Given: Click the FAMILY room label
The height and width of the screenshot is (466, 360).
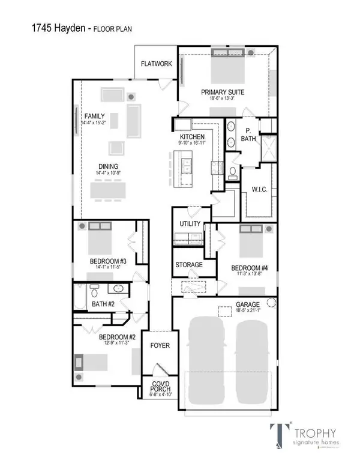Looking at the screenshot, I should [94, 116].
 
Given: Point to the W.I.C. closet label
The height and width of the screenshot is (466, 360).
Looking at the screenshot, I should [259, 190].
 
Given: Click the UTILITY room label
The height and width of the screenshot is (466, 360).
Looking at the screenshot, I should [190, 224].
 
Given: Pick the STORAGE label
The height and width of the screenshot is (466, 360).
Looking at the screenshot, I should [188, 264].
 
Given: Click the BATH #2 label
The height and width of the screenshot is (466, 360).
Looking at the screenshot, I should [103, 304].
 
